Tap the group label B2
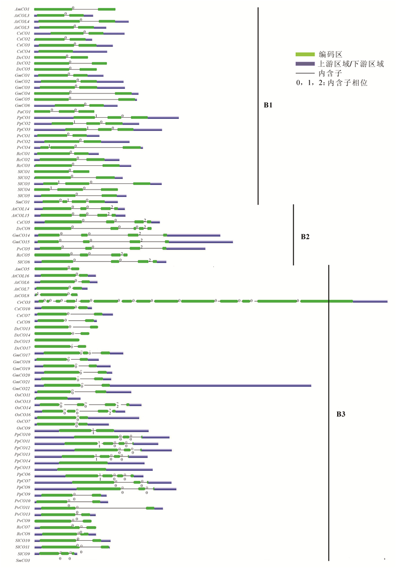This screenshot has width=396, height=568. [304, 236]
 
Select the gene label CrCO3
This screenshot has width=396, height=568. [22, 302]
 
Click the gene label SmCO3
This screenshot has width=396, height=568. [23, 560]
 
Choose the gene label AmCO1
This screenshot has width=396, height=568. [23, 10]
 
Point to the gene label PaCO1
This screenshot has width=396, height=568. [23, 111]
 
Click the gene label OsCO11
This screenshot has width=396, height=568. [22, 394]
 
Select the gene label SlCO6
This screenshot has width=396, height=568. [23, 262]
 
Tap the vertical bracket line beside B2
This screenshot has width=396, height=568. [293, 235]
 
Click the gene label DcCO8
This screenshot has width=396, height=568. [23, 229]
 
